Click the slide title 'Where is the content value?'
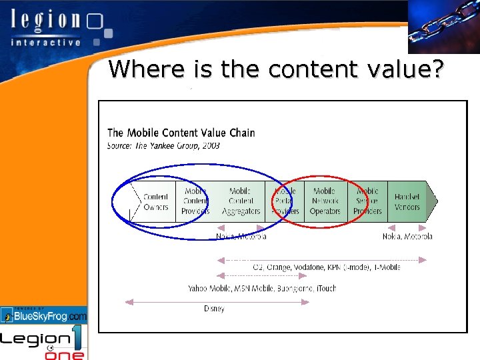pyautogui.click(x=275, y=69)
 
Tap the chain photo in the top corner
pyautogui.click(x=443, y=27)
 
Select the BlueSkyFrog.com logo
pyautogui.click(x=44, y=315)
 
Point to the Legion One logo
pyautogui.click(x=44, y=343)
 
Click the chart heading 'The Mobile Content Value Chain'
pyautogui.click(x=181, y=133)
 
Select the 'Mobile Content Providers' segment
pyautogui.click(x=195, y=201)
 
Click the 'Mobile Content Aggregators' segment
pyautogui.click(x=240, y=201)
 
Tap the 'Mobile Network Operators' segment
pyautogui.click(x=325, y=201)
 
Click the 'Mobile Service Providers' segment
pyautogui.click(x=367, y=201)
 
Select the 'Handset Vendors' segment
pyautogui.click(x=407, y=201)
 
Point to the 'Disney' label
pyautogui.click(x=214, y=309)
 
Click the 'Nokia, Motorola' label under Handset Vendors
pyautogui.click(x=407, y=236)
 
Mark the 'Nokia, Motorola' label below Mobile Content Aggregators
pyautogui.click(x=241, y=236)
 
